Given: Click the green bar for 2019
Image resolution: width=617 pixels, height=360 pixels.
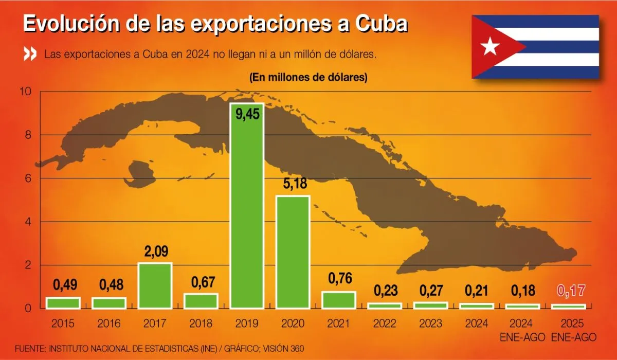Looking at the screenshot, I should coord(247,216).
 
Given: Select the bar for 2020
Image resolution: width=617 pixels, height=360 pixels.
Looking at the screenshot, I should coord(293,252).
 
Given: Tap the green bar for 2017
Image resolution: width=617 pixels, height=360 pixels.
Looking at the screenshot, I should coord(155,286).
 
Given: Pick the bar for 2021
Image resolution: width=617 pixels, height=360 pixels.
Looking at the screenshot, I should coord(339,300).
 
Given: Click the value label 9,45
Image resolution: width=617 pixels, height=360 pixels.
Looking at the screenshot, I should coord(247,114).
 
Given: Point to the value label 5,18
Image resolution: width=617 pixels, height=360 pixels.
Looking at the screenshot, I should coord(293,183).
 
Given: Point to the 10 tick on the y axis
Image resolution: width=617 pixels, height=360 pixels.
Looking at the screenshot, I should coord(25,92).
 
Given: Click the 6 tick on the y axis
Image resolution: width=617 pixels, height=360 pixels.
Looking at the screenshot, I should coord(27,178).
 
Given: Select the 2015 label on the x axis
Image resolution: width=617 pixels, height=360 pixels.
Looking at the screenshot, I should coord(63,324).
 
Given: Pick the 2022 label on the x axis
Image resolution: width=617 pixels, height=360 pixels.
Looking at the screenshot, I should coord(385,324).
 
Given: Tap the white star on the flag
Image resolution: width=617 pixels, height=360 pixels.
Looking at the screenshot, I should coord(490,47).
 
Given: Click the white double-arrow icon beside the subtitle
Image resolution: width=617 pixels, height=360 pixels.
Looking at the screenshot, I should coord(30,54).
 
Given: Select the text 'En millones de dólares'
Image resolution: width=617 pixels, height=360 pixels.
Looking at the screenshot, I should coord(308,78).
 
